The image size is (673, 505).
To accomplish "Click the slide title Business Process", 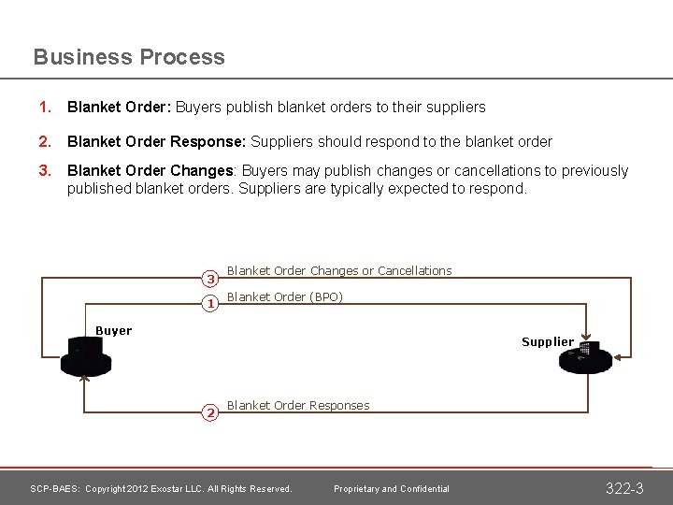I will (129, 57).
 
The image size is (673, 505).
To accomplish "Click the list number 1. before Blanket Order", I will (43, 108).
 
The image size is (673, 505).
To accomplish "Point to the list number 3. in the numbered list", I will (43, 171).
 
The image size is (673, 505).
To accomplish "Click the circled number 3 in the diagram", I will (211, 279).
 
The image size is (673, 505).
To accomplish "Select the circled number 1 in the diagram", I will (211, 303).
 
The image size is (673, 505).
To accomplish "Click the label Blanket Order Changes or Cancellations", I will (339, 271).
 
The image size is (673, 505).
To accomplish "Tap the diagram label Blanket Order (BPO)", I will (285, 297).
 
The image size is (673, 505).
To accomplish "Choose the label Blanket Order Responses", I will (298, 406).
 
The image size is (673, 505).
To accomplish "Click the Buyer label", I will (114, 331).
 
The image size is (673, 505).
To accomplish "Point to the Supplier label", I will (548, 342).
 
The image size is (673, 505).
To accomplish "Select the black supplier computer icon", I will (584, 357).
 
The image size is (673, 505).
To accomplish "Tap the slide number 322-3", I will (625, 488).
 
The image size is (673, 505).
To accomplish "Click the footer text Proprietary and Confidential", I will (392, 489).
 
